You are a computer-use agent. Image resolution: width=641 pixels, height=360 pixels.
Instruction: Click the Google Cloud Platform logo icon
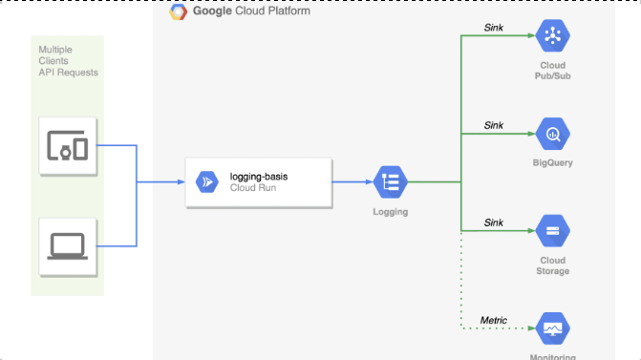pyautogui.click(x=179, y=11)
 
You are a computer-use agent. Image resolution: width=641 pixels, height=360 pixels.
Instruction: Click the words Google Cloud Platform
pyautogui.click(x=250, y=11)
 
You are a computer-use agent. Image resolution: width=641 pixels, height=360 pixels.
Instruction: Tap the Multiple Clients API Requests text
pyautogui.click(x=67, y=60)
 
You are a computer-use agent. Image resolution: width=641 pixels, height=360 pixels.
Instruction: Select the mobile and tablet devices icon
pyautogui.click(x=67, y=146)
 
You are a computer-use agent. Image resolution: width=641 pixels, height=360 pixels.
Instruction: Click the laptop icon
pyautogui.click(x=67, y=244)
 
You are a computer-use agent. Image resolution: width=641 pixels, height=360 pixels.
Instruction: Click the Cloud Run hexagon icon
pyautogui.click(x=207, y=181)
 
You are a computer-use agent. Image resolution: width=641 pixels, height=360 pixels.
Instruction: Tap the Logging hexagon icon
pyautogui.click(x=390, y=181)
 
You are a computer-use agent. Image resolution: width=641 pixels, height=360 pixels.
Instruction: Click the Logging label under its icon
pyautogui.click(x=390, y=212)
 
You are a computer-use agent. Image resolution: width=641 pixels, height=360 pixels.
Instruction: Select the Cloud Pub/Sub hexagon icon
pyautogui.click(x=552, y=36)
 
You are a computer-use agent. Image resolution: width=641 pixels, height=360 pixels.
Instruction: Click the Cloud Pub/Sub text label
pyautogui.click(x=552, y=70)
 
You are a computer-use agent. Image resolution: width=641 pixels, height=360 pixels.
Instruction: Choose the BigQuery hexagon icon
pyautogui.click(x=552, y=135)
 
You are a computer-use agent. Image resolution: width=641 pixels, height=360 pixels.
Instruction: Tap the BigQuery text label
pyautogui.click(x=552, y=163)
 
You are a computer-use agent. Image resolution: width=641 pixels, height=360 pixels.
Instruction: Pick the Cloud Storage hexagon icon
pyautogui.click(x=552, y=230)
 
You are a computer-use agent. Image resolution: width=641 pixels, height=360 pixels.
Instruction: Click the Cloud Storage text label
pyautogui.click(x=552, y=265)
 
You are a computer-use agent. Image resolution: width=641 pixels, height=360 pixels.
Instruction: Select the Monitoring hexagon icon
pyautogui.click(x=552, y=328)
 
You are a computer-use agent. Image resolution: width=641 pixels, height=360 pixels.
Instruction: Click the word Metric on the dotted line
pyautogui.click(x=493, y=320)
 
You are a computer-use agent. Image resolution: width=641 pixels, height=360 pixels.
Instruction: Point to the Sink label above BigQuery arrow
pyautogui.click(x=493, y=125)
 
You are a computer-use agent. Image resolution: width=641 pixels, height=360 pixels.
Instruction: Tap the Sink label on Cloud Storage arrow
pyautogui.click(x=493, y=222)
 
